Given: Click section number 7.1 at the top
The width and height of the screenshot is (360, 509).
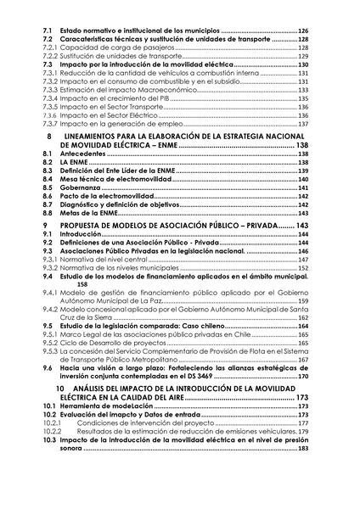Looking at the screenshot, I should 48,31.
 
